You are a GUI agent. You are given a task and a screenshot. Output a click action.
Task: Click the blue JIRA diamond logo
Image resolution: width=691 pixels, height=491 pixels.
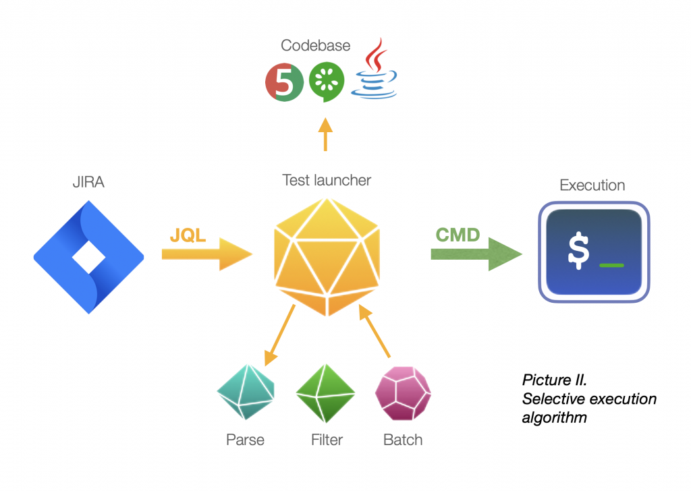(88, 257)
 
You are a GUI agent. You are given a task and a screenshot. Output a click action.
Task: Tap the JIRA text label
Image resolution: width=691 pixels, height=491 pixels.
(88, 182)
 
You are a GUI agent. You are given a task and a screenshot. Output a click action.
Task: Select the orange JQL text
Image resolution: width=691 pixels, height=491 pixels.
(188, 235)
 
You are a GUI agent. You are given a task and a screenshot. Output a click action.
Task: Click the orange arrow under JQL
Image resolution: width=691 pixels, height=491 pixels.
(207, 254)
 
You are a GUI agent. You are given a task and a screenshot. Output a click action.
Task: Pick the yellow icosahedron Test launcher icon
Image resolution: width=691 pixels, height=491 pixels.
(327, 257)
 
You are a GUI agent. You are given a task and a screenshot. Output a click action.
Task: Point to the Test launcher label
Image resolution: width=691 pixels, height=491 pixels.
(327, 180)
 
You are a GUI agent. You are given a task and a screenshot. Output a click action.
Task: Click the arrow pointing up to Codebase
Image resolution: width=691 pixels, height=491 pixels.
(325, 134)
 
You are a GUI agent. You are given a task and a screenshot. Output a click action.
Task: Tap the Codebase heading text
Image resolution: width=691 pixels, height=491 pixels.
(316, 45)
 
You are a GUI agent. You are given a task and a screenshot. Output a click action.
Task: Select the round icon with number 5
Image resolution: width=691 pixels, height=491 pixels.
(284, 82)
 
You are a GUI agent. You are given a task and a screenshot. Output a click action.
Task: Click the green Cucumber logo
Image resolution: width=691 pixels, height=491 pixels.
(327, 82)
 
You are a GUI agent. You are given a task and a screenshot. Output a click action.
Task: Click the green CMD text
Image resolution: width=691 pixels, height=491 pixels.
(458, 235)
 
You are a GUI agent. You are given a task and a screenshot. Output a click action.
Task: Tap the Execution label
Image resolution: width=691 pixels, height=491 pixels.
(592, 185)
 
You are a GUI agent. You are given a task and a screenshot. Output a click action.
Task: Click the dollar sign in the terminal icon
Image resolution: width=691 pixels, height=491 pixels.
(578, 251)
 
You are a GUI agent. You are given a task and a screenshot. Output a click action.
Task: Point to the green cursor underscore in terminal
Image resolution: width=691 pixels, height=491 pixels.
(611, 265)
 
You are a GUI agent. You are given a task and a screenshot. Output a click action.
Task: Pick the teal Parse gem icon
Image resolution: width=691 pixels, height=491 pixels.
(246, 392)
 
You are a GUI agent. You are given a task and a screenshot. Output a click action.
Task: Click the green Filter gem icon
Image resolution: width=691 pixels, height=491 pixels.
(325, 393)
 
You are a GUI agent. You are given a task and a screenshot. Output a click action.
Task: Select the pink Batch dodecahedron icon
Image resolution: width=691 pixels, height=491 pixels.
(403, 393)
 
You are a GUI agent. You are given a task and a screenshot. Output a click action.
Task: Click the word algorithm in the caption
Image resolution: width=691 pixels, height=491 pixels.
(555, 417)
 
